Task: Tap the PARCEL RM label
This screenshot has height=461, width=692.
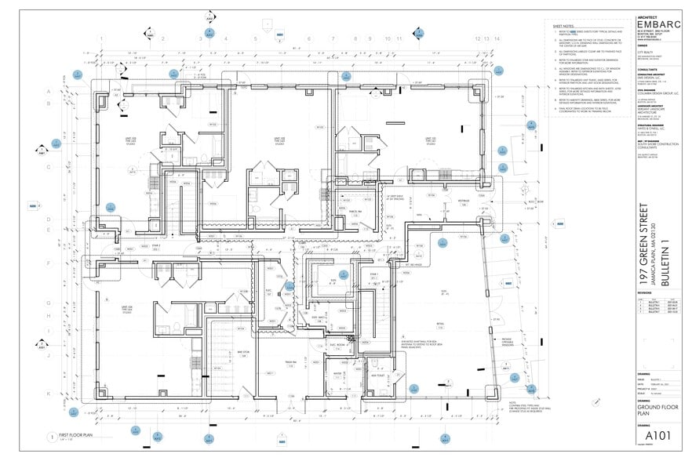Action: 354,212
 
